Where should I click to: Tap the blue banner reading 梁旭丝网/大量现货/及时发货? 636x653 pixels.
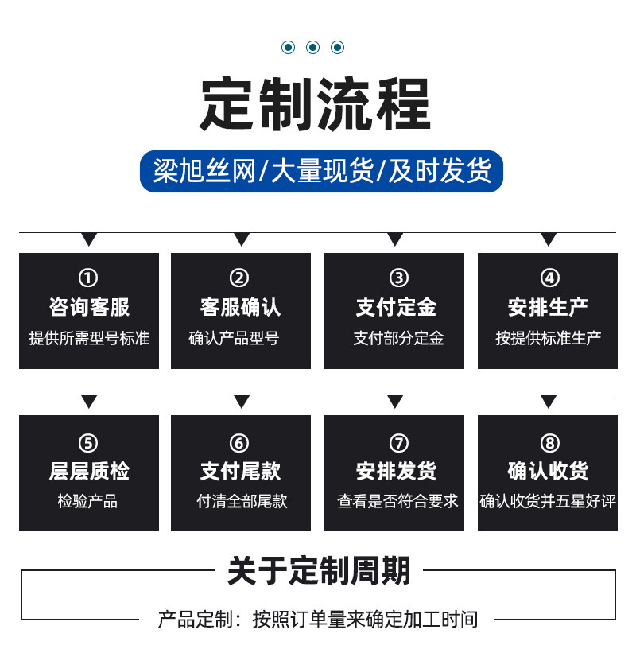[x=321, y=171]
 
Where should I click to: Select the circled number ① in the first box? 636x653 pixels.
[x=88, y=278]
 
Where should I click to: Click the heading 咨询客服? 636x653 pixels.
[x=89, y=307]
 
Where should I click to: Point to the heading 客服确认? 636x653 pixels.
[x=240, y=307]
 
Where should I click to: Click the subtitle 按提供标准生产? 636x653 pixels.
[x=548, y=338]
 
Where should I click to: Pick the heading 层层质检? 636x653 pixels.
[x=89, y=471]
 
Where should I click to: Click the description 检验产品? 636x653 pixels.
[x=87, y=501]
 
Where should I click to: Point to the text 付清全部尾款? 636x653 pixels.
[x=242, y=501]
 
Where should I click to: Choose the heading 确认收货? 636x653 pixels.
[x=548, y=471]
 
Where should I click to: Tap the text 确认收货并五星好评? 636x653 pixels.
[x=548, y=501]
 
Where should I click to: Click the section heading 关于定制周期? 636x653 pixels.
[x=319, y=571]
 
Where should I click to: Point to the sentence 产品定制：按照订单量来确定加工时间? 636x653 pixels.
[x=318, y=619]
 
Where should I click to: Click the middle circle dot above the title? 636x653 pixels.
[x=312, y=48]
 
